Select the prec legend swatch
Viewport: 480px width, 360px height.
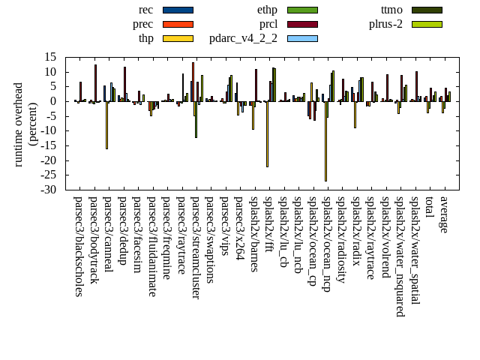click(178, 24)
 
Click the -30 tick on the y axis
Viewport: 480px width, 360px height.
click(50, 190)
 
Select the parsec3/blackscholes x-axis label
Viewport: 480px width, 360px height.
click(78, 247)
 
